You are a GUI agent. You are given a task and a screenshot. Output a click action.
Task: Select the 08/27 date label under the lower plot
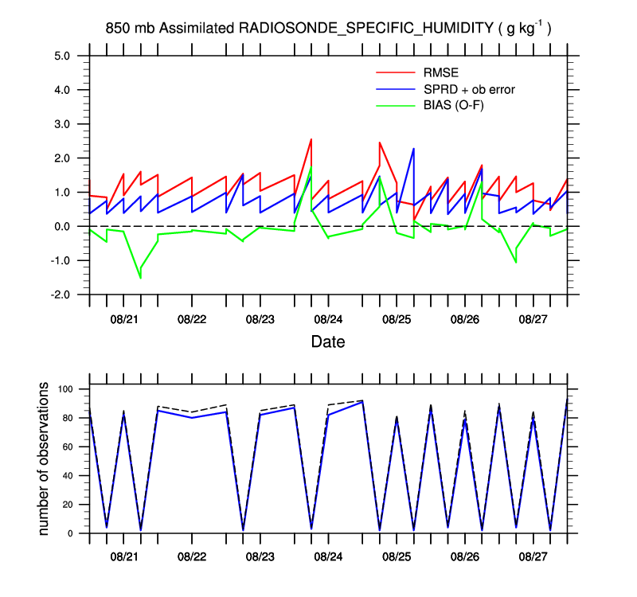tap(533, 552)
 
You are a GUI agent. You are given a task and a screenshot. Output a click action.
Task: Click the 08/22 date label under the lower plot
tap(192, 552)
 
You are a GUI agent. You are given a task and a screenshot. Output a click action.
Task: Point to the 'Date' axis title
tap(328, 343)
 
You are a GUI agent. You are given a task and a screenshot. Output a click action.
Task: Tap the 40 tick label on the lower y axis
tap(69, 476)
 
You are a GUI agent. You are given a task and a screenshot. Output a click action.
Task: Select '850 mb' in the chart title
tap(130, 29)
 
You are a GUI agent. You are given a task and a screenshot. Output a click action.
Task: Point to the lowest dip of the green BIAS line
tap(140, 278)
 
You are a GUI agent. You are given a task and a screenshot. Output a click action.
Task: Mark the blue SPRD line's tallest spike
tap(413, 149)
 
